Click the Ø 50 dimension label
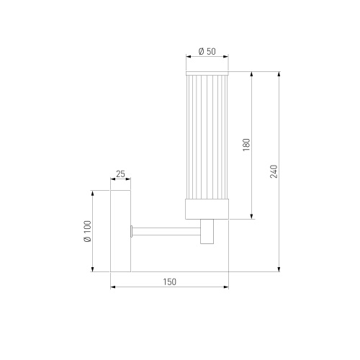click(207, 51)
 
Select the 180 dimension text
click(246, 145)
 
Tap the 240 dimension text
click(274, 171)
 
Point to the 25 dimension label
click(120, 174)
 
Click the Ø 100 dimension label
click(88, 231)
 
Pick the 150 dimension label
click(170, 282)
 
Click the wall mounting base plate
click(120, 231)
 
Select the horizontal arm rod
click(166, 231)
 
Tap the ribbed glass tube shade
click(207, 137)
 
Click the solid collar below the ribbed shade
click(207, 209)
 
